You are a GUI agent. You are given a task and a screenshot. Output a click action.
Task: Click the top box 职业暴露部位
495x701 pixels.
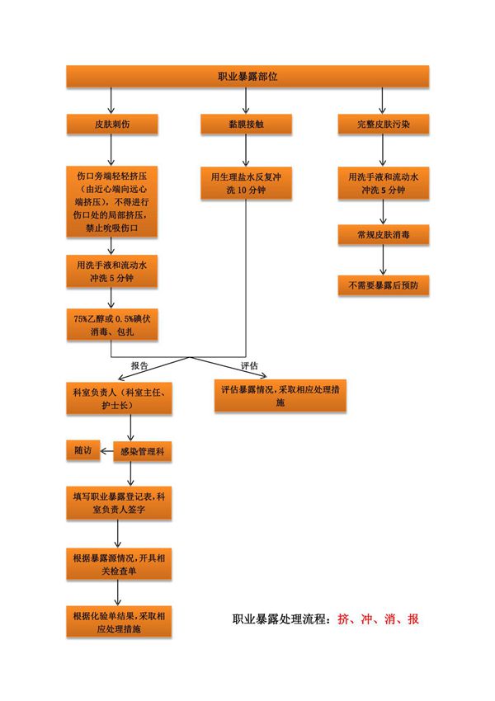click(247, 76)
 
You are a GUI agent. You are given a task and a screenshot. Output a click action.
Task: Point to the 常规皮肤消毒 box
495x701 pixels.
click(383, 235)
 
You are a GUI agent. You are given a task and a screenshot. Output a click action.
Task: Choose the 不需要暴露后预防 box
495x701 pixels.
click(383, 285)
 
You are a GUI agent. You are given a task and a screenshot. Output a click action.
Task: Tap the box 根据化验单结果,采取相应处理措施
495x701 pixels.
click(120, 622)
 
